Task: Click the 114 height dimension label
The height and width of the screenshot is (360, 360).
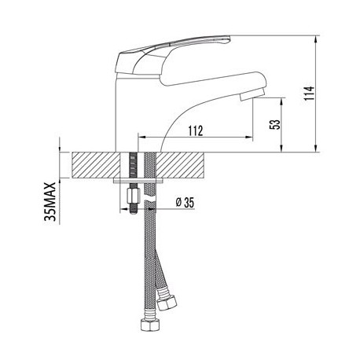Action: click(x=309, y=93)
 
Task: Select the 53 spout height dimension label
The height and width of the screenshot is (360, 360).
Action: click(x=275, y=125)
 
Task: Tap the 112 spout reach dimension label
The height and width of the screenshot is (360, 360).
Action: click(x=196, y=130)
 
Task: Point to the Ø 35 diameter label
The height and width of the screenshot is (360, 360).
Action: click(x=185, y=203)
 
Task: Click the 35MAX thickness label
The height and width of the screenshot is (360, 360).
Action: click(x=50, y=202)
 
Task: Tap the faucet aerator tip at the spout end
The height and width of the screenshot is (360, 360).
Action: click(x=252, y=94)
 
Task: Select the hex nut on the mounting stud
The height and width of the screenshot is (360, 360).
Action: click(x=133, y=197)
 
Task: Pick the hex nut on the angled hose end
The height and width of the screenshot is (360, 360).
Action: click(x=167, y=303)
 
